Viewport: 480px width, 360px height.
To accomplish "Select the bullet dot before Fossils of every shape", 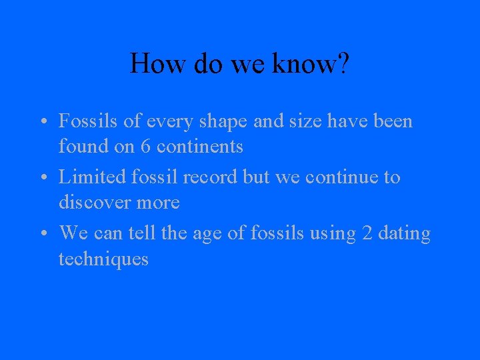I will pyautogui.click(x=42, y=123).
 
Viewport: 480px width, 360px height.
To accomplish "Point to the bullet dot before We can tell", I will pyautogui.click(x=42, y=235).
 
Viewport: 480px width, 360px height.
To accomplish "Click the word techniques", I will pyautogui.click(x=103, y=259).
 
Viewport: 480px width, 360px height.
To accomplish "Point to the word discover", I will pyautogui.click(x=93, y=202).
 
